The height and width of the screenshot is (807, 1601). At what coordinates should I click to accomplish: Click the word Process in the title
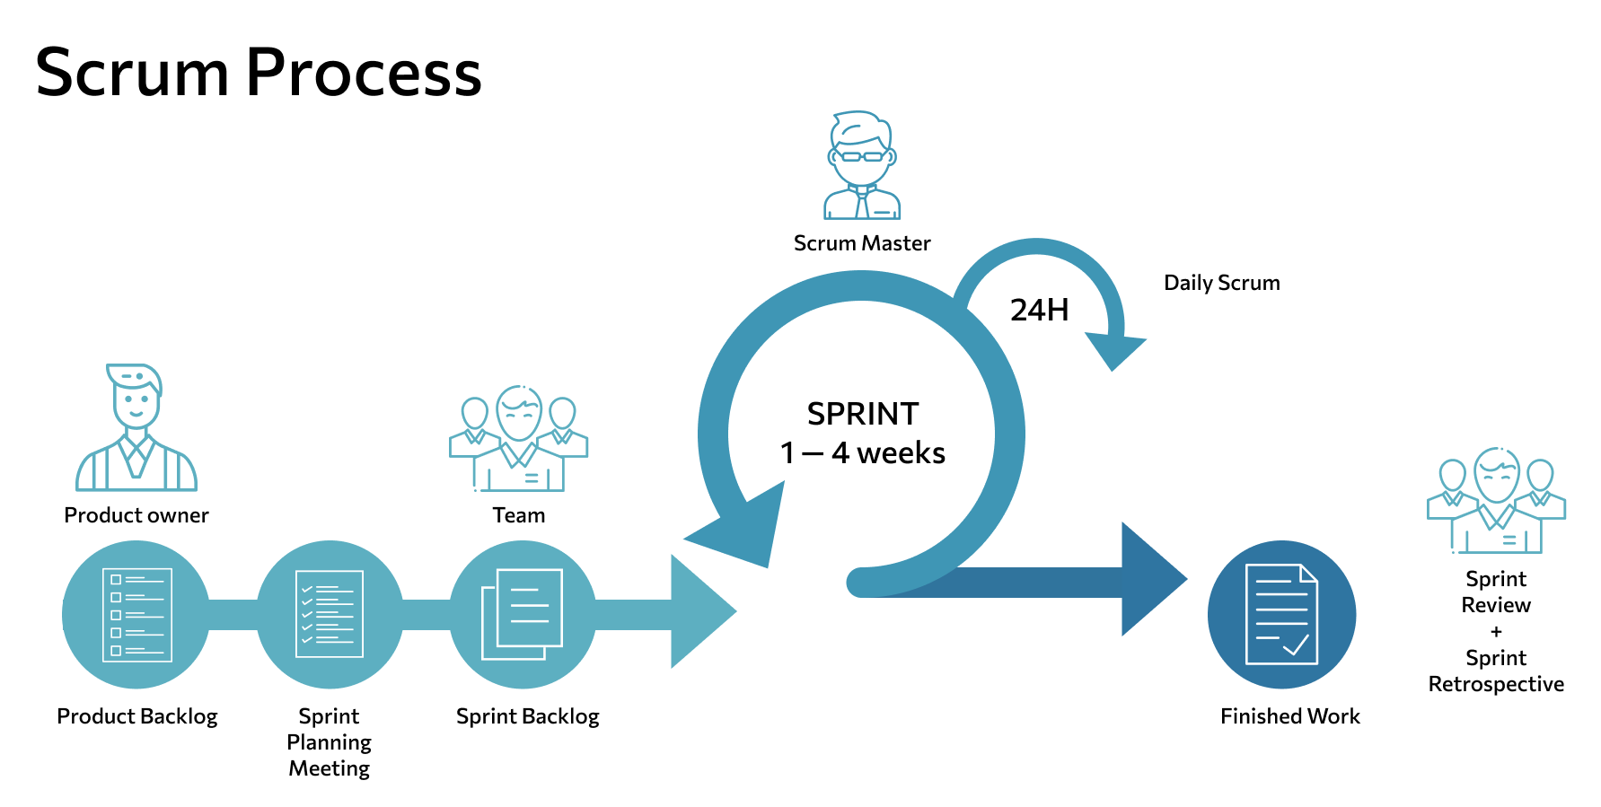[x=364, y=74]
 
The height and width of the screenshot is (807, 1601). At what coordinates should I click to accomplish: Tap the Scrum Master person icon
[x=862, y=166]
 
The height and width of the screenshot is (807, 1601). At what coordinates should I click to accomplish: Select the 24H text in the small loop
[x=1039, y=311]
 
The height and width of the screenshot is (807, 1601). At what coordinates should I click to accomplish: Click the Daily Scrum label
[x=1221, y=283]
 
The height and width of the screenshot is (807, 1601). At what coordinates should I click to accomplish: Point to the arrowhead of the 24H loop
[x=1114, y=349]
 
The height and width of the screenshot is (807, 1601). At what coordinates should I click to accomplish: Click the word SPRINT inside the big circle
[x=862, y=414]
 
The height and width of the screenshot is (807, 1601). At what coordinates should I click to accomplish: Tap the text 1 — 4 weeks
[x=862, y=453]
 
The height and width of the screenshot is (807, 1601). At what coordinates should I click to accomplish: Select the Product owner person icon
[x=136, y=428]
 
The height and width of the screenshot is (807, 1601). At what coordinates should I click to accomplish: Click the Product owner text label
[x=136, y=515]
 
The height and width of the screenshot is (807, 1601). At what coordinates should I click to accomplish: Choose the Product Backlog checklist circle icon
[x=136, y=615]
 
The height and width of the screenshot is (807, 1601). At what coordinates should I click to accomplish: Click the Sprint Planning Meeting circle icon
[x=330, y=615]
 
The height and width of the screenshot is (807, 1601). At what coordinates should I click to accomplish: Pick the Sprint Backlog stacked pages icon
[x=523, y=615]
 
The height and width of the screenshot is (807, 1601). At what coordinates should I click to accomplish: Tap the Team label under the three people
[x=518, y=515]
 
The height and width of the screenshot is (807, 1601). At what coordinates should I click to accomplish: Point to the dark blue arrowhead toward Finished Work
[x=1153, y=580]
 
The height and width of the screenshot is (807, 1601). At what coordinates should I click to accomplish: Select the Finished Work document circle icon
[x=1281, y=615]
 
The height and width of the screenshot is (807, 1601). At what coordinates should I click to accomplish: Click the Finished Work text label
[x=1289, y=716]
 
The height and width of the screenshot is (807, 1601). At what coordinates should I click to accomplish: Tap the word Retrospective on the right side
[x=1496, y=685]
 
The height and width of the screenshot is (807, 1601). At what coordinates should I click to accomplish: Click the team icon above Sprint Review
[x=1496, y=501]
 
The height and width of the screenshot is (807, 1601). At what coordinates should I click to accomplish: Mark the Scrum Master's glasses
[x=862, y=156]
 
